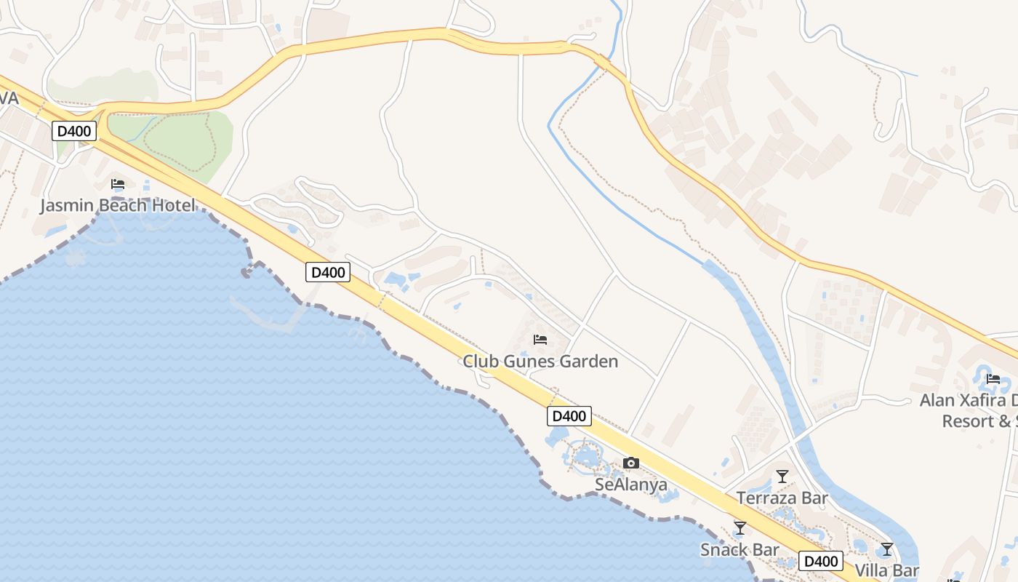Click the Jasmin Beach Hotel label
117,205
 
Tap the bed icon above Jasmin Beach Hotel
118,184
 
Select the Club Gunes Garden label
540,361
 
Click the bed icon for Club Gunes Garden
540,340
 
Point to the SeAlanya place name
631,485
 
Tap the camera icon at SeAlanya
631,463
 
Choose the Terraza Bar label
782,498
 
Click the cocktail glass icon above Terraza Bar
782,477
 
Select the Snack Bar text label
740,549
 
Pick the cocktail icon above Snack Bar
740,528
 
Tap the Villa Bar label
886,570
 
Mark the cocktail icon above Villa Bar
887,549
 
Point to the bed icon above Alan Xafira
993,379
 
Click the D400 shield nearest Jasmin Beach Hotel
74,132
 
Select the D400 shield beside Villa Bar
821,561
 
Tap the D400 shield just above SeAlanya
569,416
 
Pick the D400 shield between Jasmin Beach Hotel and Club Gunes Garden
327,272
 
